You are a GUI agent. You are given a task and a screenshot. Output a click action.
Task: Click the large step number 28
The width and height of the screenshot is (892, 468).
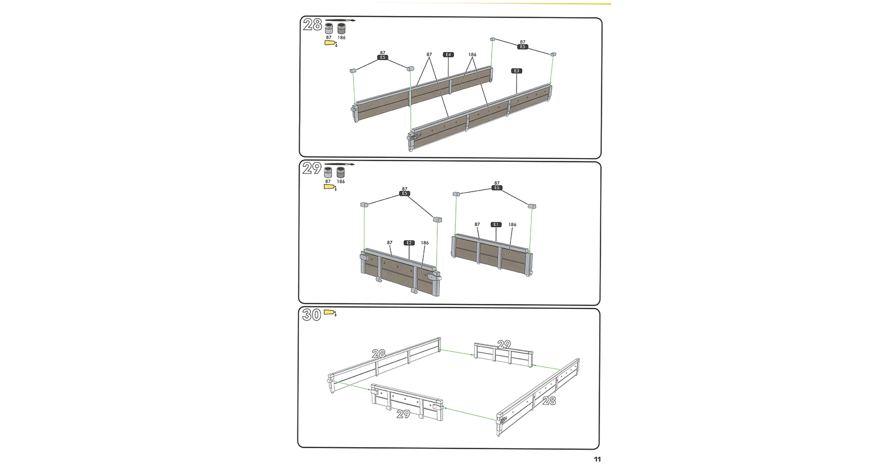(x=312, y=25)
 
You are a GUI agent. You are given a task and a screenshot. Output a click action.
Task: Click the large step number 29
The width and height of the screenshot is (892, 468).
(x=312, y=168)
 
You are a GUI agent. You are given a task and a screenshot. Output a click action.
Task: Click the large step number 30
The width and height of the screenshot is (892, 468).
(x=312, y=314)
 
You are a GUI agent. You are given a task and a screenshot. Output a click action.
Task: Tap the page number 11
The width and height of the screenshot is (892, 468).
(x=597, y=459)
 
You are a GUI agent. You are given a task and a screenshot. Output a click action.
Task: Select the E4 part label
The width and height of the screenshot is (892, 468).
(x=448, y=55)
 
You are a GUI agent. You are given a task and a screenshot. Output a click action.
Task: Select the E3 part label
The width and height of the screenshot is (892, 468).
(x=516, y=71)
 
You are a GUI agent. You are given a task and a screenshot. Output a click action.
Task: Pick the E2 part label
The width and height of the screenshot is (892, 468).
(x=409, y=243)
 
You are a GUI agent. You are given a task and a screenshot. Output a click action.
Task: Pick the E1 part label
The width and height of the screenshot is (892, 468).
(x=496, y=225)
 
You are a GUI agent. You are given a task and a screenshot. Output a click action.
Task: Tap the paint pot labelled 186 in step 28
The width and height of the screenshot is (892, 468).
(x=341, y=29)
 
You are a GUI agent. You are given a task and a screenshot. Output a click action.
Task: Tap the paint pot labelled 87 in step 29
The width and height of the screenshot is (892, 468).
(x=328, y=172)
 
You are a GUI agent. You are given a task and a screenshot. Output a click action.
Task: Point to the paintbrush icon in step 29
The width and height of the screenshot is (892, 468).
(x=339, y=164)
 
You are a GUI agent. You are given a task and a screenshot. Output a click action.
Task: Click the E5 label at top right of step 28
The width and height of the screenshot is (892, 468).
(x=523, y=47)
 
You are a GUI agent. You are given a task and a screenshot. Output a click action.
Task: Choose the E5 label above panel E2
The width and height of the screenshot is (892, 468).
(x=405, y=194)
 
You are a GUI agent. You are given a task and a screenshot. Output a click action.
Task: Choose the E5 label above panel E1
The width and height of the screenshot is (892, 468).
(x=497, y=188)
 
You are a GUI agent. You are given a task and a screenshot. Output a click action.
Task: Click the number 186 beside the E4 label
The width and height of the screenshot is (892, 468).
(x=472, y=55)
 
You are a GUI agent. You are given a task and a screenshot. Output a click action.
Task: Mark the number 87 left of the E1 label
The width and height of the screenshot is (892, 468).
(x=477, y=225)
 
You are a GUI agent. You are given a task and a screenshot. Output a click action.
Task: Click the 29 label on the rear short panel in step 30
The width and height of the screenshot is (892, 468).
(x=504, y=344)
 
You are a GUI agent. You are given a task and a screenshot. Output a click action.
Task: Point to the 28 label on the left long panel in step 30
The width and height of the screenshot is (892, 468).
(x=379, y=353)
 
